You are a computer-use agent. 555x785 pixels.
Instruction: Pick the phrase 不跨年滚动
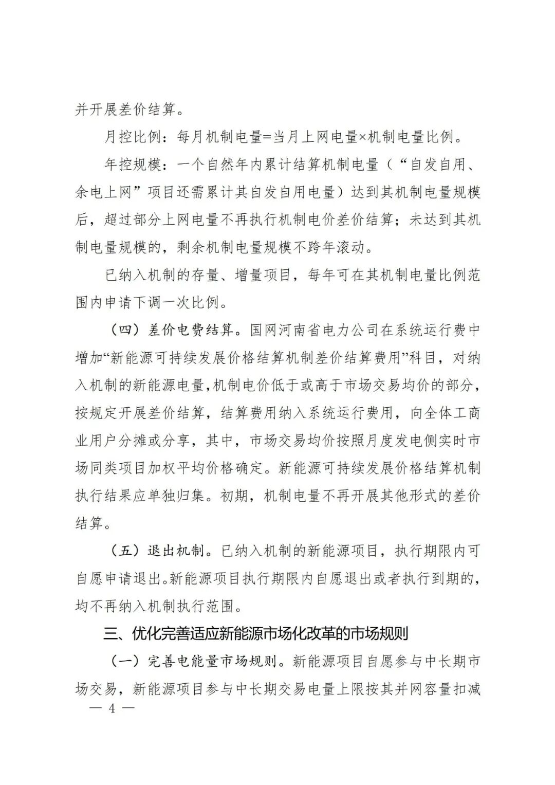coord(335,248)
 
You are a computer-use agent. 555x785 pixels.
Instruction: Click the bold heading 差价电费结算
coord(191,331)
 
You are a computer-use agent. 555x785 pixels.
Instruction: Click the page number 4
coord(111,708)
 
